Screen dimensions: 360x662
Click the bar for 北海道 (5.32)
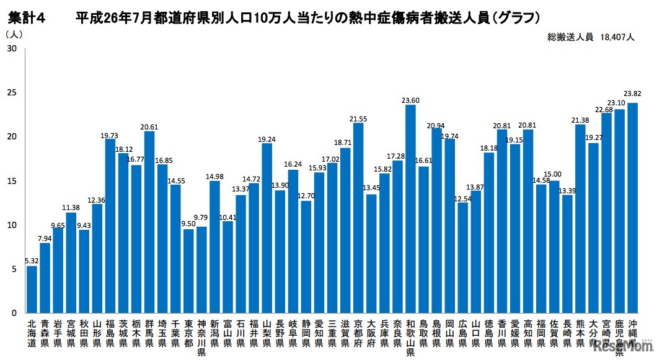tap(32, 289)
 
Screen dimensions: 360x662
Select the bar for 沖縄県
tap(632, 208)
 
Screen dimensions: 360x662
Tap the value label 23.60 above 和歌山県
tap(410, 99)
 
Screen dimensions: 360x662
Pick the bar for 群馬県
tap(149, 222)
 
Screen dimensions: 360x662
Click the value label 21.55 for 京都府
tap(358, 118)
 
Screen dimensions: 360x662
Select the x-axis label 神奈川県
tap(201, 338)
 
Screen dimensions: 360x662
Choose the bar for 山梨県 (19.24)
tap(267, 228)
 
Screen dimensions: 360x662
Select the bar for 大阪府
tap(371, 253)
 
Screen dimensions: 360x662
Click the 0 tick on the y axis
tap(14, 313)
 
